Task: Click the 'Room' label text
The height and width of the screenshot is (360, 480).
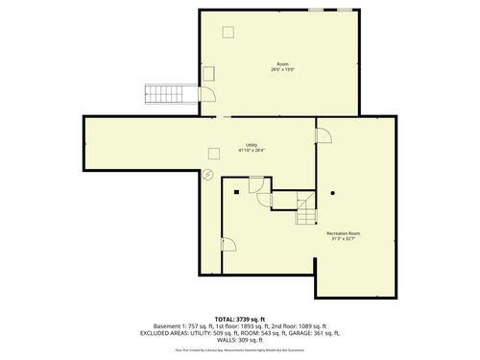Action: tap(282, 64)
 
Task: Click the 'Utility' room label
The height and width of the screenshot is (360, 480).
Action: tap(252, 145)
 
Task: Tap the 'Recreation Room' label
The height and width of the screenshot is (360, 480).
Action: tap(343, 233)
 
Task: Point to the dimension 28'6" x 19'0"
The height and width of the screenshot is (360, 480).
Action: tap(282, 70)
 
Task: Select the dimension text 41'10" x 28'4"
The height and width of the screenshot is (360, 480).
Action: tap(252, 151)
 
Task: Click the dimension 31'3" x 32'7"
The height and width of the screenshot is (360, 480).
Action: tap(343, 239)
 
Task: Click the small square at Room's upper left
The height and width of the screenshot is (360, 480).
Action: tap(228, 33)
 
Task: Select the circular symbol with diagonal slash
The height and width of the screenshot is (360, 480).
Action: tap(209, 174)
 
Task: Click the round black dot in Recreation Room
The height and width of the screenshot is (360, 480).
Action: tap(332, 192)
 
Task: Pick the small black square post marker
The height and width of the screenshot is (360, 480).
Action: tap(234, 193)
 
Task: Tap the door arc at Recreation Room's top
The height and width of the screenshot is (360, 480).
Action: tap(324, 137)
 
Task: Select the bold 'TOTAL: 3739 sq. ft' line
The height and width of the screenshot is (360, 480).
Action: tap(239, 318)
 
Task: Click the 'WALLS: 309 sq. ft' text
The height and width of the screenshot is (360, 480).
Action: tap(239, 341)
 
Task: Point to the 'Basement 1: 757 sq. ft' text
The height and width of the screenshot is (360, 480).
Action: tap(178, 325)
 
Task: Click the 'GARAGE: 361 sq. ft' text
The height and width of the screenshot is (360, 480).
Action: tap(324, 333)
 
